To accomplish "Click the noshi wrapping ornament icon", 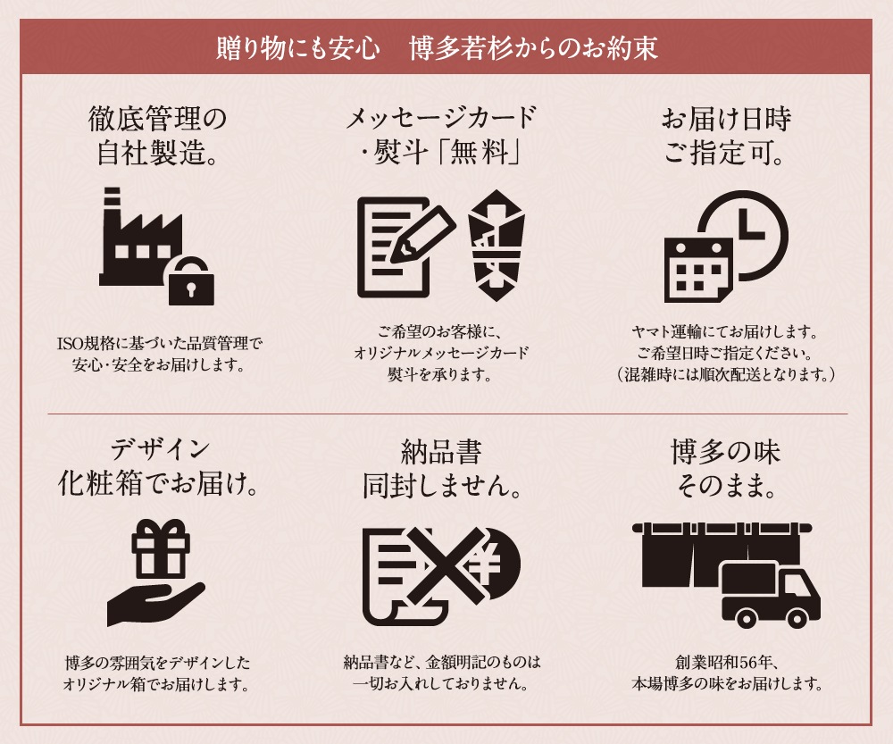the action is pos(496,246).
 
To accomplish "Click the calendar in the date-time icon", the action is pos(698,270).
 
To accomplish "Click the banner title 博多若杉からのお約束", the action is pos(534,48).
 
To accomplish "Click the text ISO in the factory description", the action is pos(71,344).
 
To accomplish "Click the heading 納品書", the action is pos(441,452).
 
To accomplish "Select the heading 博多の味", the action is pos(725,452).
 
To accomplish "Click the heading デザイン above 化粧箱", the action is pos(160,450).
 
